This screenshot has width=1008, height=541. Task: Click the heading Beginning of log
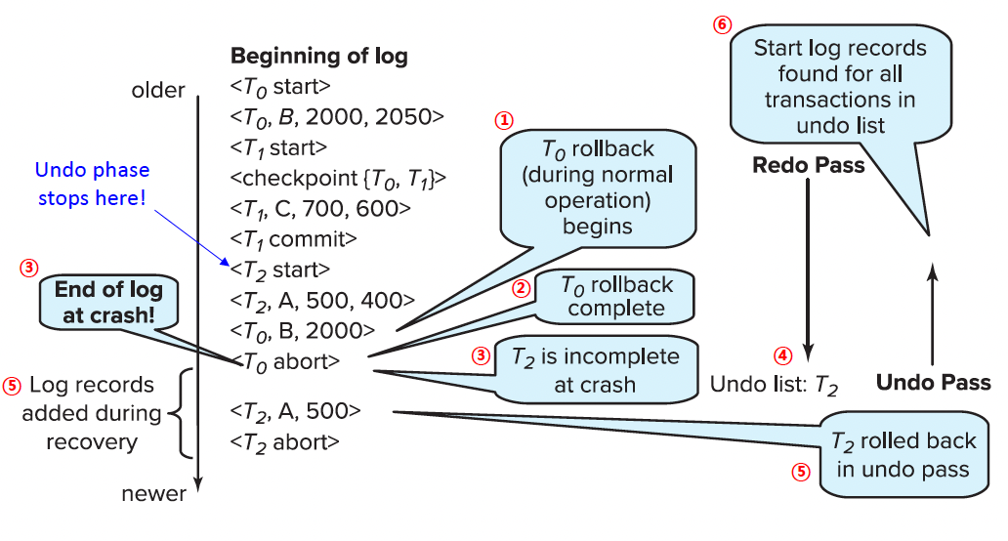pyautogui.click(x=318, y=56)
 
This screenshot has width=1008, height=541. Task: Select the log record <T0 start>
pyautogui.click(x=280, y=86)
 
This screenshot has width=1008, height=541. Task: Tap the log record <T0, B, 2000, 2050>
pyautogui.click(x=337, y=116)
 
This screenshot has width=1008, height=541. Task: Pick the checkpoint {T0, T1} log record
pyautogui.click(x=338, y=178)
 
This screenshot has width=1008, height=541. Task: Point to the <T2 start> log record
pyautogui.click(x=280, y=269)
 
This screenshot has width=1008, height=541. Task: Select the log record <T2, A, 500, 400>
pyautogui.click(x=323, y=300)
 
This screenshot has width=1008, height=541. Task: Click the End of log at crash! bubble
pyautogui.click(x=108, y=302)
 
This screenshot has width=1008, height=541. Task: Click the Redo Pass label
pyautogui.click(x=808, y=165)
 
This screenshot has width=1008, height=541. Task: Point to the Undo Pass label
pyautogui.click(x=933, y=383)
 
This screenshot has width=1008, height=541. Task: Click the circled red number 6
pyautogui.click(x=722, y=25)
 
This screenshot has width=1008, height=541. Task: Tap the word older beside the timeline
pyautogui.click(x=158, y=91)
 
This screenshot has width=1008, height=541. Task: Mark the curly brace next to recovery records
pyautogui.click(x=176, y=412)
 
